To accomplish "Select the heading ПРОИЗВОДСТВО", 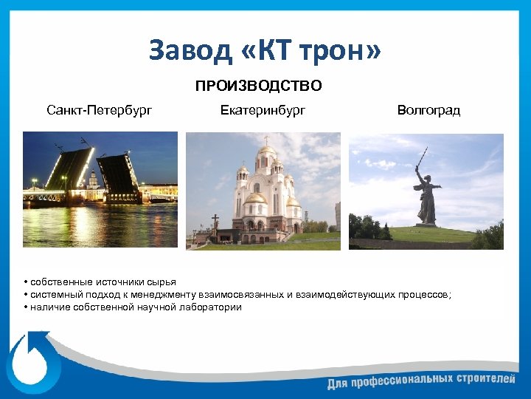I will [x=258, y=86].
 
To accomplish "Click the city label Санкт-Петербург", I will [x=100, y=111].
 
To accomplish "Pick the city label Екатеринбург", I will [x=263, y=111].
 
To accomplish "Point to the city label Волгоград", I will [x=428, y=111].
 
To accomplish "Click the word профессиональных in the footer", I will [x=397, y=382].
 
